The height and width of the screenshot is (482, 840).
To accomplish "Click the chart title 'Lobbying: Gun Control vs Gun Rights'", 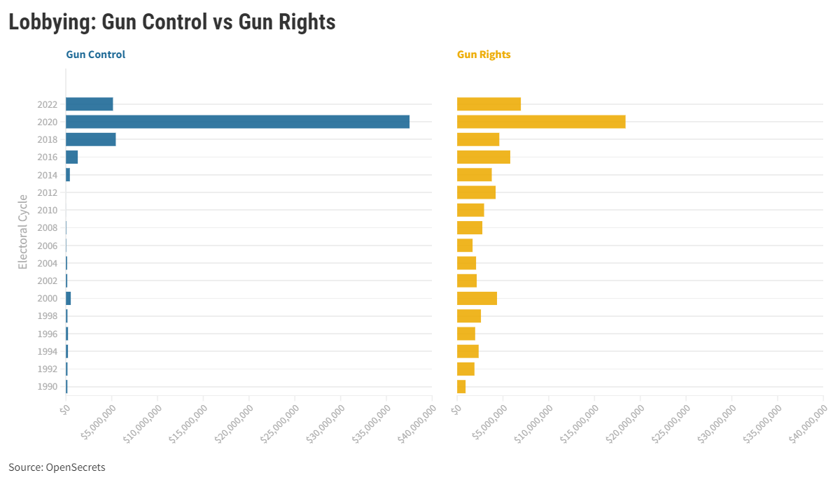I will point(171,22).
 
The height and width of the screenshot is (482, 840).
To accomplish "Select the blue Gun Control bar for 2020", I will point(237,122).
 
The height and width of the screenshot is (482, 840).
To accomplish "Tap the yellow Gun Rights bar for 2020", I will point(540,122).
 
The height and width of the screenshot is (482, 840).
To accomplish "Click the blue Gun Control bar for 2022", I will point(89,104).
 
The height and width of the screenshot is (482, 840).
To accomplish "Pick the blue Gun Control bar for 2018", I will point(90,139).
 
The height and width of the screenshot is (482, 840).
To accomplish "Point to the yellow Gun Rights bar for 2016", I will point(483,157).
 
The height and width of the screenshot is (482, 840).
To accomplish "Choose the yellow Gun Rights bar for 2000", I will point(477,298).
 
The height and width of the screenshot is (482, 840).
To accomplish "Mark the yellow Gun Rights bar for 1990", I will point(461,386).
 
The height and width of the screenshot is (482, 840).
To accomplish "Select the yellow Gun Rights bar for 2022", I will point(489,104).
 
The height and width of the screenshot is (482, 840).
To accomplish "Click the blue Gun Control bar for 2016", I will point(71,157).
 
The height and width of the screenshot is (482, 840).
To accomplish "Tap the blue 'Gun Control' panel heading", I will point(95,55).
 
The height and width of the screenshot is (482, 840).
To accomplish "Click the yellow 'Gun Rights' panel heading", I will point(484,55).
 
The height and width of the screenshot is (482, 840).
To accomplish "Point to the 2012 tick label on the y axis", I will point(47,192).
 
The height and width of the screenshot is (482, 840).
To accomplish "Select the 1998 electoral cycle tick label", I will point(47,316).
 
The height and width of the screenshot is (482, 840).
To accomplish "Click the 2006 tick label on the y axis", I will point(47,246).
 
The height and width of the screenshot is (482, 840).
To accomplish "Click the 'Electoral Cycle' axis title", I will point(23,232).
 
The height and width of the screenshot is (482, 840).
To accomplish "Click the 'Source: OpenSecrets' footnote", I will point(57,467).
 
